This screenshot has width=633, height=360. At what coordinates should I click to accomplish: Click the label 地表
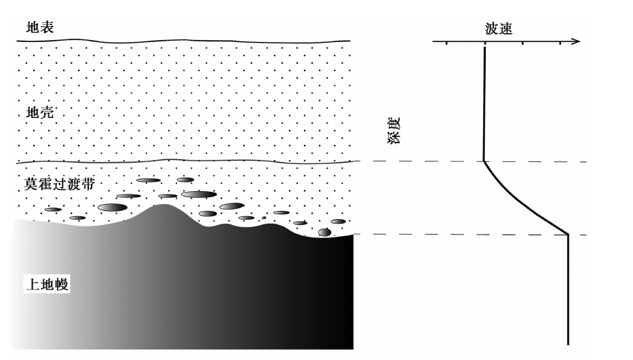40,27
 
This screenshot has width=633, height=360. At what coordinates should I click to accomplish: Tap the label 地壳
40,112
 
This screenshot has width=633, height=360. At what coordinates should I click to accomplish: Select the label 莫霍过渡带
59,184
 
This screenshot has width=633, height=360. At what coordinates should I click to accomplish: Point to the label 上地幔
47,283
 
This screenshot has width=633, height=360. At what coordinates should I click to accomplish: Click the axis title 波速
499,28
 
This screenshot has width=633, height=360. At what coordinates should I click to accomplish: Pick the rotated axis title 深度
394,130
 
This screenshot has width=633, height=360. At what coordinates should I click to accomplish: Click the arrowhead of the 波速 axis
576,41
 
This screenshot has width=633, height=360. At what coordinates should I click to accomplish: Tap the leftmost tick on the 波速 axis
446,43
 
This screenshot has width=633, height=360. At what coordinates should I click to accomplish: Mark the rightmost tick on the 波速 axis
560,43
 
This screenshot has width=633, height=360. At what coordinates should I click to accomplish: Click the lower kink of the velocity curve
568,234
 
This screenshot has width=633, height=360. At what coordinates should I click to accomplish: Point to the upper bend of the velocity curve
484,161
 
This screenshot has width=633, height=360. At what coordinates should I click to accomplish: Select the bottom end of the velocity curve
568,344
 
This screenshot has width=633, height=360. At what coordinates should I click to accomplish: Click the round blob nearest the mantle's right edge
324,232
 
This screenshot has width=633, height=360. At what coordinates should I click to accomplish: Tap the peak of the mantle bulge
164,205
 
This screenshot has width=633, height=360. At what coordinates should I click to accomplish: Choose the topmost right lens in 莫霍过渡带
185,180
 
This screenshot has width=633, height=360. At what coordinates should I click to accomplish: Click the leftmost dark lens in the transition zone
53,209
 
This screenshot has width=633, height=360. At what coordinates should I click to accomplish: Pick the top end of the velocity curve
484,47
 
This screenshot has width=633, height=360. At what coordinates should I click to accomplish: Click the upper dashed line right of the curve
536,162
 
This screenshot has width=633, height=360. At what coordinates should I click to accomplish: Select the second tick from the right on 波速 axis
523,43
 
